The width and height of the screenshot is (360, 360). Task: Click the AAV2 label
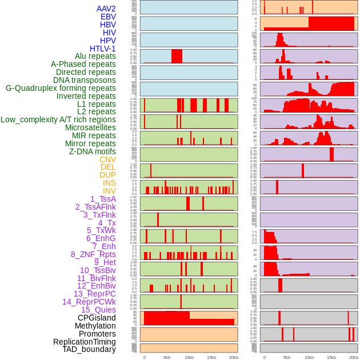(x=106, y=9)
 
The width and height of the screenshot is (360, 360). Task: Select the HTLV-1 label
(x=102, y=49)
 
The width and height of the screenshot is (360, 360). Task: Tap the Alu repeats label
(x=95, y=56)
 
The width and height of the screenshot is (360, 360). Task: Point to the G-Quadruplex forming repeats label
(x=61, y=88)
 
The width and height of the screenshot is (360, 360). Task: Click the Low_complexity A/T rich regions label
(x=58, y=119)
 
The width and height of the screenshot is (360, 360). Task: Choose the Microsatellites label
(x=90, y=127)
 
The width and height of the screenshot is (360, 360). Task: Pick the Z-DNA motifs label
(x=92, y=151)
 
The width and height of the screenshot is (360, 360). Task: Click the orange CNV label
(x=107, y=159)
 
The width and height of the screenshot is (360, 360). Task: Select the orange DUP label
(x=107, y=175)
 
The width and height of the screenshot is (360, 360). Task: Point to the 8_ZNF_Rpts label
(x=93, y=254)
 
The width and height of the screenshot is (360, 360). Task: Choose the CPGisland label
(x=97, y=318)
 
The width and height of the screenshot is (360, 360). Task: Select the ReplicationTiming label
(x=84, y=342)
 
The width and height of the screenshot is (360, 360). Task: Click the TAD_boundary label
(x=89, y=349)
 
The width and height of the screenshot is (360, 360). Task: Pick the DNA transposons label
(x=85, y=80)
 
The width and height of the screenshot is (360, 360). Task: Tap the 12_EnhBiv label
(x=96, y=286)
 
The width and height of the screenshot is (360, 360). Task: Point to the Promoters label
(x=97, y=334)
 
